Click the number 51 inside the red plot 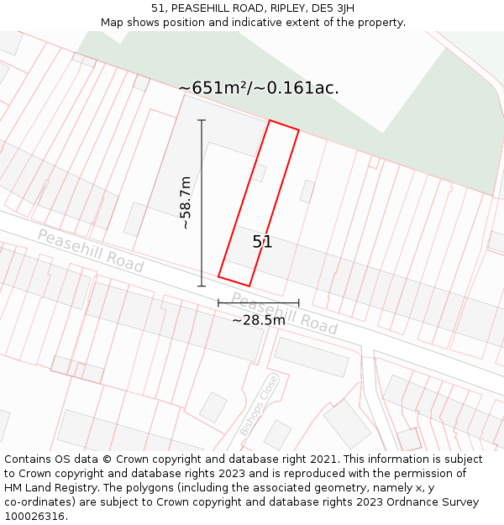point(262,242)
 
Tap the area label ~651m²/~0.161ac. point(259,88)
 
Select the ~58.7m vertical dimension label point(186,203)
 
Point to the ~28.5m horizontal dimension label point(259,320)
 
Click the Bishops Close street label point(258,405)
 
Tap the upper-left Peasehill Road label point(90,251)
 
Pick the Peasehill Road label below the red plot point(284,313)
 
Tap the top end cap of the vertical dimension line point(202,120)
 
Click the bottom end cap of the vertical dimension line point(202,286)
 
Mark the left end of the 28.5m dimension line point(218,302)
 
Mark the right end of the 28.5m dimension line point(298,302)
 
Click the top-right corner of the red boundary point(298,130)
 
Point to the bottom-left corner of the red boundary point(218,276)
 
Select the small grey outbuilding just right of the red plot point(307,192)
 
